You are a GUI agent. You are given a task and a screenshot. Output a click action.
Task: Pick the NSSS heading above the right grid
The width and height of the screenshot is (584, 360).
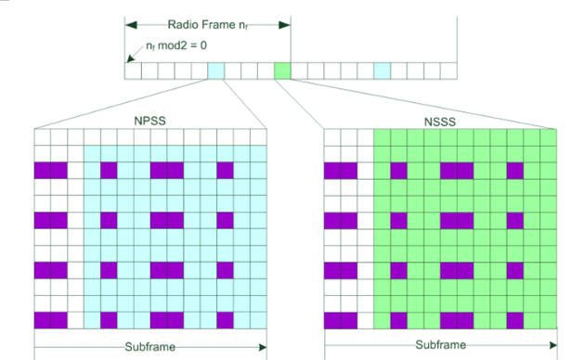tap(441, 121)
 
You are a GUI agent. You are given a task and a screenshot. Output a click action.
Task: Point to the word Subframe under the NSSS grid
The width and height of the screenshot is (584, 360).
tap(441, 347)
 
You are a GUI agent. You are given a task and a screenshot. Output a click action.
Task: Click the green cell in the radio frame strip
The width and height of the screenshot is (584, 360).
tap(282, 71)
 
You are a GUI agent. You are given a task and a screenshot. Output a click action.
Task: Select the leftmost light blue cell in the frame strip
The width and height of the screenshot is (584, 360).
tap(215, 71)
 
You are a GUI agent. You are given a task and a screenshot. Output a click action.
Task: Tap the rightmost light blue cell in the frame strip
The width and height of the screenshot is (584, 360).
tap(383, 71)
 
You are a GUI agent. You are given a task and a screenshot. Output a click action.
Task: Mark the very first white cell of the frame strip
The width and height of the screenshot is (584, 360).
tap(132, 71)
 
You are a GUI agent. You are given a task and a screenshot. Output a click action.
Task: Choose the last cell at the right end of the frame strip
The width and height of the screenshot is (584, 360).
tap(450, 71)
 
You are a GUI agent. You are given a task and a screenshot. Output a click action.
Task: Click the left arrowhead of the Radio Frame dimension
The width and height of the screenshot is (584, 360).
tap(131, 25)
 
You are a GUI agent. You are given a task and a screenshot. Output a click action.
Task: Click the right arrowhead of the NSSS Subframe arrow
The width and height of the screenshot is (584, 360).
tap(554, 347)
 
